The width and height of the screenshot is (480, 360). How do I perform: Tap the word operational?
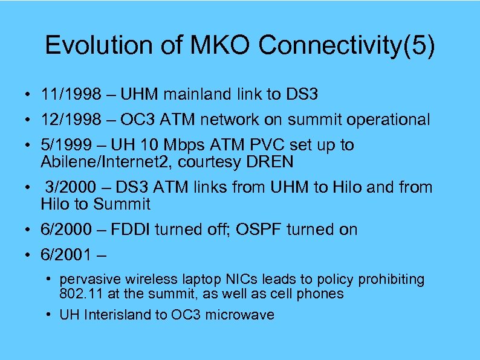[x=388, y=120]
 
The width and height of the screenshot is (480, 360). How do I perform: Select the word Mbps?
[x=183, y=146]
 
